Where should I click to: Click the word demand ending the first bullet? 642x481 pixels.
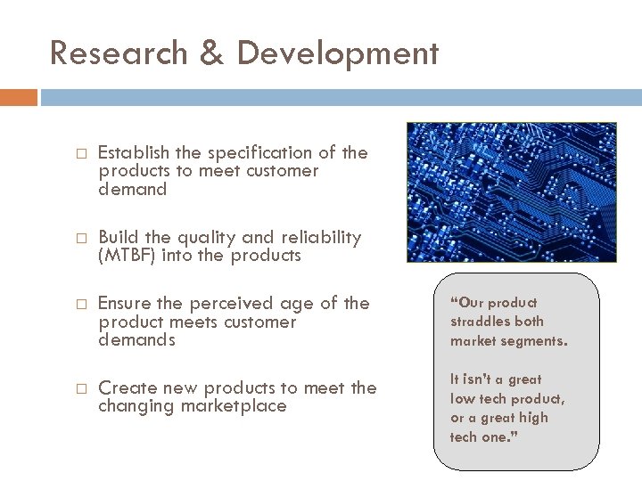point(133,189)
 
